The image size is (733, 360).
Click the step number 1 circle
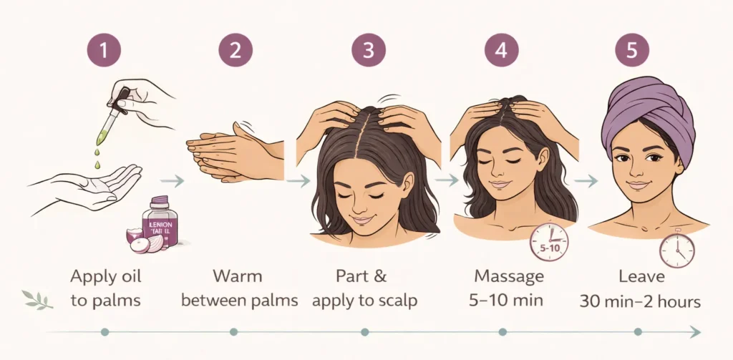pos(105,50)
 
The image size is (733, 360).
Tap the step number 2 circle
pos(236,50)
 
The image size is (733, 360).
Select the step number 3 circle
pos(368,50)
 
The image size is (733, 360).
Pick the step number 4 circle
pos(503,50)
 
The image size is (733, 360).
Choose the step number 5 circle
pos(632,50)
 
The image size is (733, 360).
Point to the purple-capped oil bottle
pos(160,222)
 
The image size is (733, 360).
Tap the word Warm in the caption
pos(238,276)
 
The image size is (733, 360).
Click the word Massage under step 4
pos(509,276)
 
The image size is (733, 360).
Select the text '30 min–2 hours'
pos(640,301)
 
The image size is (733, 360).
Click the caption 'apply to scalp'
pos(365,301)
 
